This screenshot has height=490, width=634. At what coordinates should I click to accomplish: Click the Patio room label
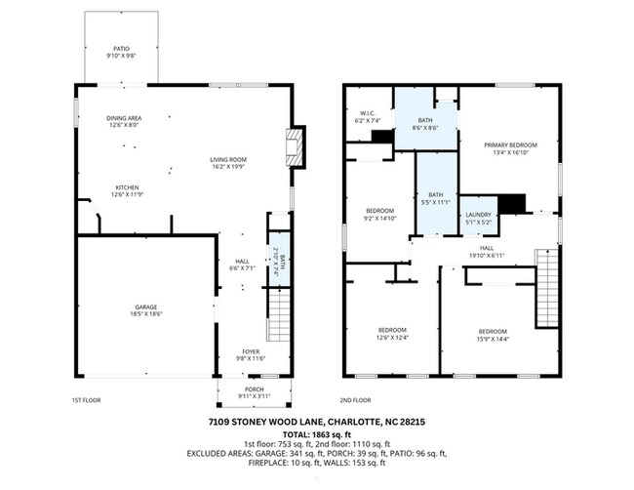[x=122, y=51]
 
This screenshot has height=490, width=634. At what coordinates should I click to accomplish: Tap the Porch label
[x=255, y=392]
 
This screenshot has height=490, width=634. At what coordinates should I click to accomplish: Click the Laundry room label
[x=478, y=217]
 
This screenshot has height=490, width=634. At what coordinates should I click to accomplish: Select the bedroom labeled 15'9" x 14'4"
[x=493, y=334]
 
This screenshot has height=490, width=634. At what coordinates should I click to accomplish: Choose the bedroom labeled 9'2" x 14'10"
[x=380, y=215]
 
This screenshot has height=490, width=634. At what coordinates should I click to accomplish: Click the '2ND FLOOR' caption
[x=356, y=400]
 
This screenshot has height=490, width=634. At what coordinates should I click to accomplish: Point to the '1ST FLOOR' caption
[x=86, y=400]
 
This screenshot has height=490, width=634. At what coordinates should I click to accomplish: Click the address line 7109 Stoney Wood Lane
[x=317, y=421]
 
